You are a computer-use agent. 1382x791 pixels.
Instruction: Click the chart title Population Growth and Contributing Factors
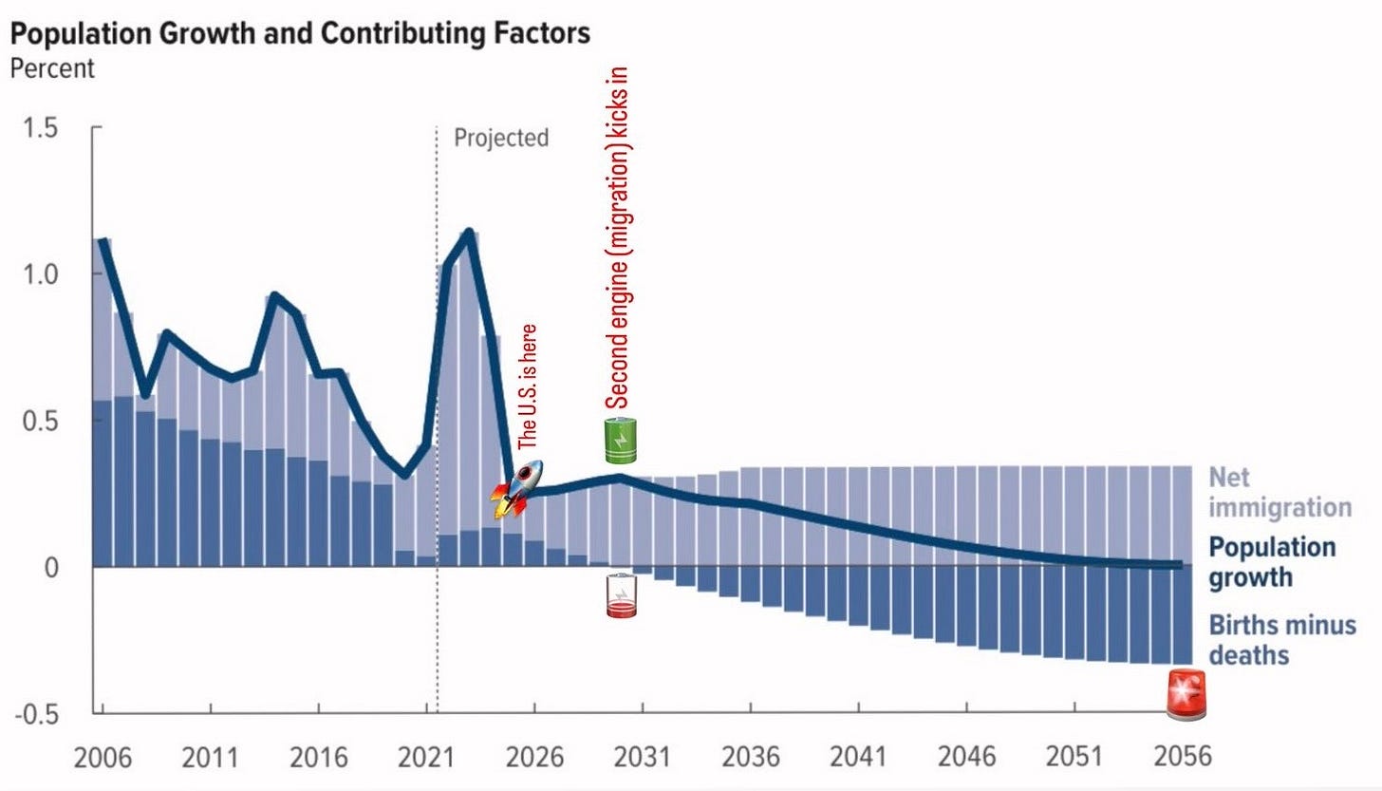click(x=301, y=34)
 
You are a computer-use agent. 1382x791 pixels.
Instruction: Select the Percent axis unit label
click(x=52, y=69)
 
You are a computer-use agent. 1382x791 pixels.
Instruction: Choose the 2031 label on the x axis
click(x=642, y=757)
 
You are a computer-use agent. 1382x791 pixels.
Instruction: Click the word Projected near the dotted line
click(x=501, y=138)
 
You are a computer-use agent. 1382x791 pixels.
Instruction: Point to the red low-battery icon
click(x=621, y=595)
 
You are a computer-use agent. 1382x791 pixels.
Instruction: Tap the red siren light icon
click(x=1186, y=692)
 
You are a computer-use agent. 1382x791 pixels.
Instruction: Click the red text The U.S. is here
click(x=530, y=387)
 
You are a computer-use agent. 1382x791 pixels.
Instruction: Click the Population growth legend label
click(x=1272, y=562)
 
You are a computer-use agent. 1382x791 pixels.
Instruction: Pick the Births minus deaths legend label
click(x=1281, y=640)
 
